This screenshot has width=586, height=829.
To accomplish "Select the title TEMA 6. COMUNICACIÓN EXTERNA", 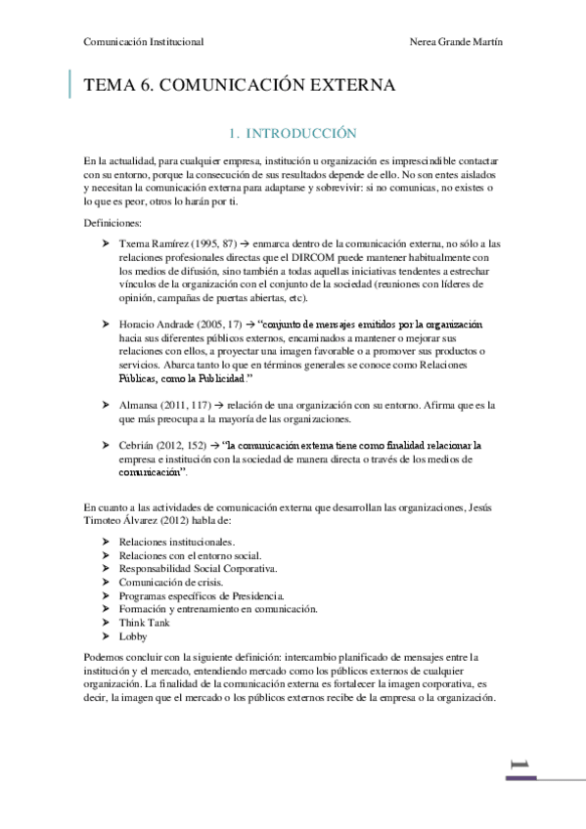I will coord(240,86).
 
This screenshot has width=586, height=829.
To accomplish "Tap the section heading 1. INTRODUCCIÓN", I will coord(293,132).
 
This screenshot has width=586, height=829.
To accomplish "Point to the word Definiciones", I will coord(113,223).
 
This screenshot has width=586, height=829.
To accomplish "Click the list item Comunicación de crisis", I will coord(172,582).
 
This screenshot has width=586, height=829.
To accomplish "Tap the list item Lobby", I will coord(132,635).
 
